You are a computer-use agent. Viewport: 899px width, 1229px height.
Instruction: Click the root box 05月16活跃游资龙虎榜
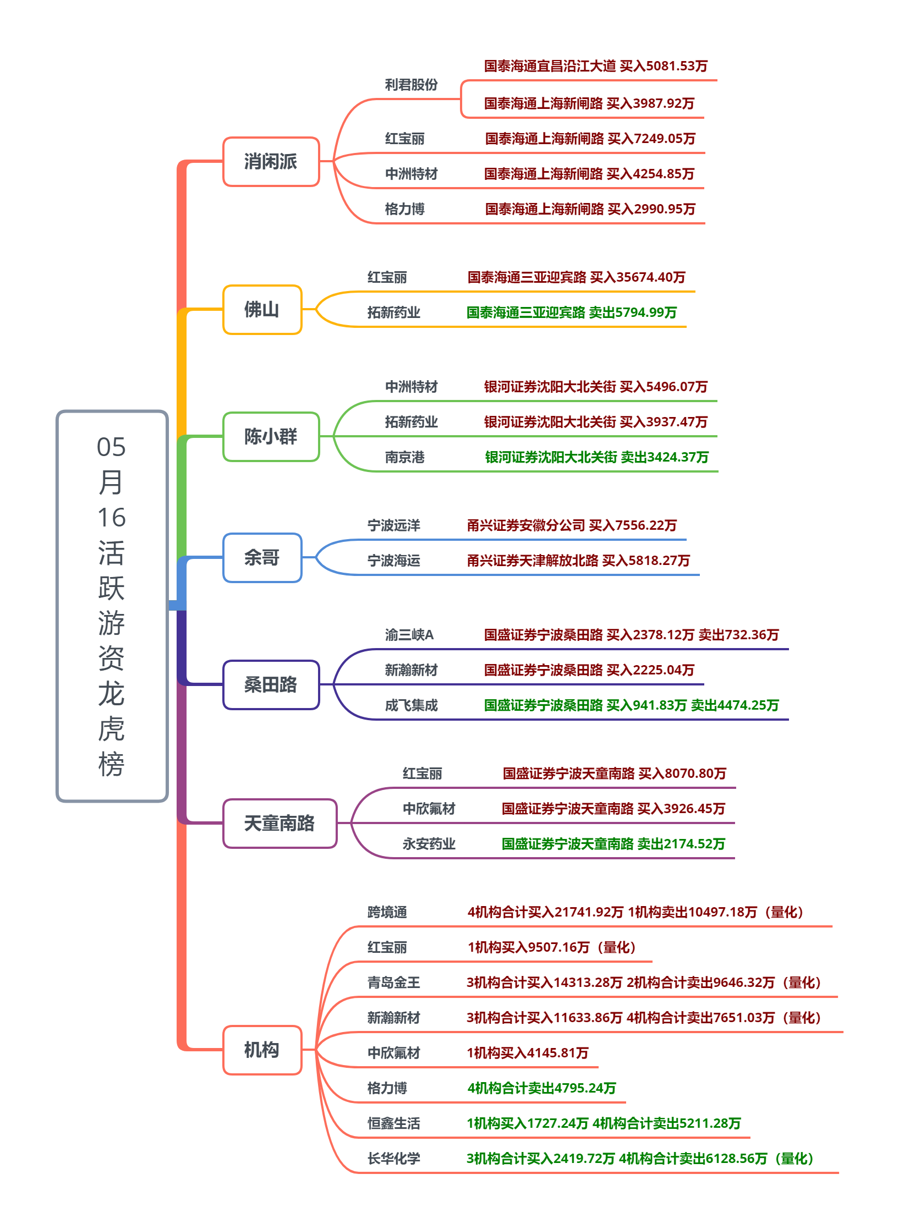112,606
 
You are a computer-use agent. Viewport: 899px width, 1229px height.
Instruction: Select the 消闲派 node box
271,162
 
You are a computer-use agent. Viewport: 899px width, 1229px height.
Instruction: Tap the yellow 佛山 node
262,310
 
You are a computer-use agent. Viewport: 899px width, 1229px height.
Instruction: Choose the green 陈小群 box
271,437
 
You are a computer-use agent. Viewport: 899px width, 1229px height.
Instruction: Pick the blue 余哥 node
262,558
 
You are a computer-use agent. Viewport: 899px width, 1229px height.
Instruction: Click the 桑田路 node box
271,685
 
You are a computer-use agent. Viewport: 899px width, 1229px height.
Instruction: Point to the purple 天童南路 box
280,824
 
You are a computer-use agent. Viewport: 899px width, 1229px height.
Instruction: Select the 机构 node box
262,1050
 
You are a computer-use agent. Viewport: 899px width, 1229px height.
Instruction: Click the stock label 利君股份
412,85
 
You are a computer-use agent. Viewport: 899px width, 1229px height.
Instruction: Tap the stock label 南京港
405,457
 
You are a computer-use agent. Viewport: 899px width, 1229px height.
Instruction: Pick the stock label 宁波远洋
394,525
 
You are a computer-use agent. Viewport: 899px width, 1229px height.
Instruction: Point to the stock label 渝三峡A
409,635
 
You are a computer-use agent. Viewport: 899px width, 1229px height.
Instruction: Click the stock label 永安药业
429,844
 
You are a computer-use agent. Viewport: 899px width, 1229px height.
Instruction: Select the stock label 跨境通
387,912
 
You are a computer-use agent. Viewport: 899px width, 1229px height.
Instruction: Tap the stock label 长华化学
394,1159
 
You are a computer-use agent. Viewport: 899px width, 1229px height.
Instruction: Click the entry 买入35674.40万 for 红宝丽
638,277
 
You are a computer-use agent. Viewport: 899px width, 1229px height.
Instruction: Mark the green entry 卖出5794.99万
633,312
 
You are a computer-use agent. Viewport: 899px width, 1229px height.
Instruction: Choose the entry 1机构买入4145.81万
528,1053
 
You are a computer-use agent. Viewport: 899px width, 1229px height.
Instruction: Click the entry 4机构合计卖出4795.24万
542,1088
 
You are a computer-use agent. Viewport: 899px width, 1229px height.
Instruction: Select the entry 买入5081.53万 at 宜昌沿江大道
664,66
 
